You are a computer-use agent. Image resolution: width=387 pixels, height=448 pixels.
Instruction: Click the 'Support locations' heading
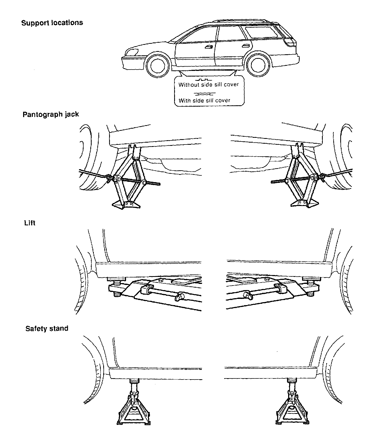pyautogui.click(x=52, y=23)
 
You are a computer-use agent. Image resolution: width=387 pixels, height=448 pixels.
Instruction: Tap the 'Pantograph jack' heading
pyautogui.click(x=51, y=114)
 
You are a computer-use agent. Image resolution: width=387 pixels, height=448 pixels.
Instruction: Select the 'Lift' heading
pyautogui.click(x=30, y=223)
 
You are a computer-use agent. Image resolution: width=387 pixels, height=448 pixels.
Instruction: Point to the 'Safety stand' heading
pyautogui.click(x=47, y=328)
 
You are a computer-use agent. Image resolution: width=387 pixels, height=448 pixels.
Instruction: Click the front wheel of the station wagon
pyautogui.click(x=157, y=66)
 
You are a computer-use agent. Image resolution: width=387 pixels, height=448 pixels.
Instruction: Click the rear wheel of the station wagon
pyautogui.click(x=258, y=66)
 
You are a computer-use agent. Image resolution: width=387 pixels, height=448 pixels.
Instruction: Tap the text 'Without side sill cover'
pyautogui.click(x=209, y=85)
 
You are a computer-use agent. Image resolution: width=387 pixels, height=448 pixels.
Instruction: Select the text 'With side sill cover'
pyautogui.click(x=205, y=100)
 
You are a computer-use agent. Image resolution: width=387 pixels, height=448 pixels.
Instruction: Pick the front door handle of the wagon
pyautogui.click(x=208, y=47)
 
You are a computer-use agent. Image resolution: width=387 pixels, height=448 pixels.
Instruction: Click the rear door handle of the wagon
pyautogui.click(x=245, y=46)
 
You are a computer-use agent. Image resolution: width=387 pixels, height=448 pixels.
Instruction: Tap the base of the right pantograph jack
pyautogui.click(x=304, y=203)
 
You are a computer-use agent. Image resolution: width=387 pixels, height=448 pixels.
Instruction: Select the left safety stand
pyautogui.click(x=134, y=408)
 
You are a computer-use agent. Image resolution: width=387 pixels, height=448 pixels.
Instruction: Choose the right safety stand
pyautogui.click(x=292, y=408)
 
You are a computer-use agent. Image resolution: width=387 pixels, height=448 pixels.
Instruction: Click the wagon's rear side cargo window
pyautogui.click(x=261, y=32)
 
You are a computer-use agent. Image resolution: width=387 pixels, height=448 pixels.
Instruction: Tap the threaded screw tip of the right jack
pyautogui.click(x=273, y=182)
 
